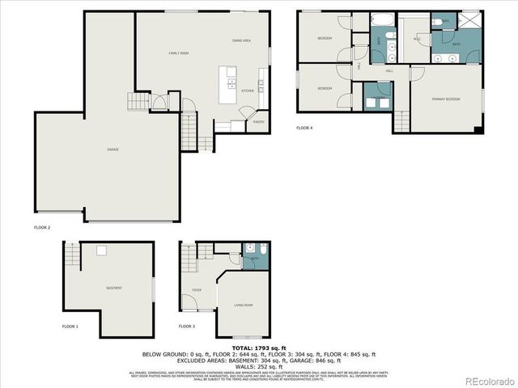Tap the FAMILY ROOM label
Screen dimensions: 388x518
[178, 53]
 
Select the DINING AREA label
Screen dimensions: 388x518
[241, 40]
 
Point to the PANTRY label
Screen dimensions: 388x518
[258, 122]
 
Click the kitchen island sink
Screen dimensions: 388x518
[232, 82]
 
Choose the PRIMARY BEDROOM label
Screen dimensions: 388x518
[445, 99]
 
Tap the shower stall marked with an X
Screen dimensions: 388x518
[468, 21]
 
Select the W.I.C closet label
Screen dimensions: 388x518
[417, 39]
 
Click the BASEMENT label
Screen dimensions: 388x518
[114, 288]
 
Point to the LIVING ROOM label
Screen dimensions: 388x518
[244, 305]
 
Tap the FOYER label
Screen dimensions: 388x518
[197, 289]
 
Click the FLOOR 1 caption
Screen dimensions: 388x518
[70, 326]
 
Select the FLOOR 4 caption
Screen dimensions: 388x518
[304, 128]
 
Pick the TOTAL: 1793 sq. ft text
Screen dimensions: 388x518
[259, 347]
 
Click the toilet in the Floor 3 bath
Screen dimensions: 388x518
[252, 248]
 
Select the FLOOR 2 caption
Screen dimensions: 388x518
[42, 227]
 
